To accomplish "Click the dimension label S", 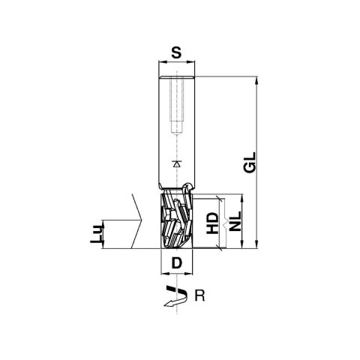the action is coord(176,52).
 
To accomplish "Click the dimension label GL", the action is coord(250,162).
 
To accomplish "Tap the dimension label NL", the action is coord(235,221).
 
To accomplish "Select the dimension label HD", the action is coord(212,223).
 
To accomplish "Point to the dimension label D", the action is coord(176,263).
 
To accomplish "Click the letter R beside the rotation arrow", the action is coord(199,295).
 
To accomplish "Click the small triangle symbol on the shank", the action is coord(177,163).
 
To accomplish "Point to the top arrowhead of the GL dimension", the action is coord(256,80).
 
